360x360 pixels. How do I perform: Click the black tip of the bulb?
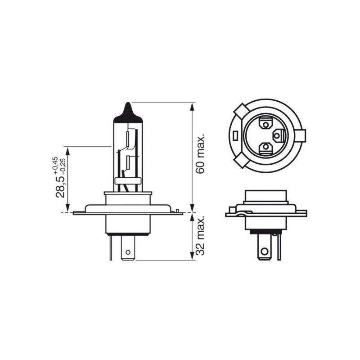[128, 112]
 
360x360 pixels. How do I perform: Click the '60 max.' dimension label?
[201, 153]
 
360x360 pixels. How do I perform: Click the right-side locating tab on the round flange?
[302, 134]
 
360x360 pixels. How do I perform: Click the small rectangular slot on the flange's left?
[235, 134]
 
